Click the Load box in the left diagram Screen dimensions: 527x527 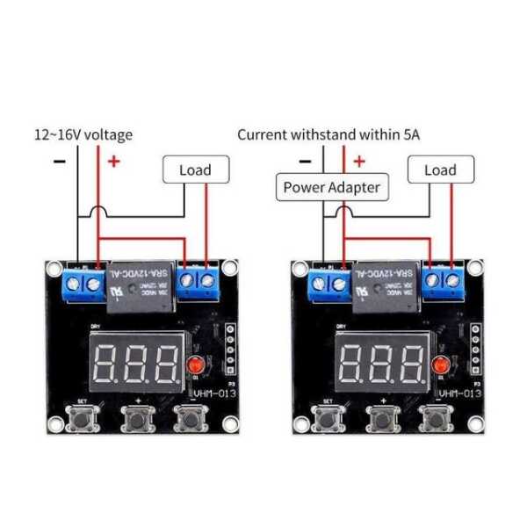[x=195, y=170]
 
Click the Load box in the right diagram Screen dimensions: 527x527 [x=440, y=170]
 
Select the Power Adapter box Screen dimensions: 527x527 [x=330, y=187]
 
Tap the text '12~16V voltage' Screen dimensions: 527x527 [x=83, y=134]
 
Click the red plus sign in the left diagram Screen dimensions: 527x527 [x=113, y=161]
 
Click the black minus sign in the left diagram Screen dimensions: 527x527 [x=59, y=161]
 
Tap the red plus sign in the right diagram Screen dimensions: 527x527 [x=358, y=161]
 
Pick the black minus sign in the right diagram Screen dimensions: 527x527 [x=305, y=161]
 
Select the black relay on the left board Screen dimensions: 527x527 [x=141, y=289]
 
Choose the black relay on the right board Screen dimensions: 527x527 [x=386, y=289]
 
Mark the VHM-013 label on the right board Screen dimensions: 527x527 [x=459, y=394]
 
